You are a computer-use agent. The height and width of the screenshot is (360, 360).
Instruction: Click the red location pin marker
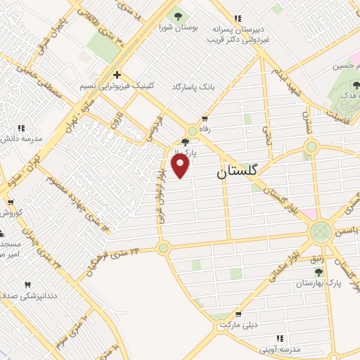(x=181, y=166)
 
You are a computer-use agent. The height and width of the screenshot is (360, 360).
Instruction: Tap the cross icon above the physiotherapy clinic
(x=117, y=74)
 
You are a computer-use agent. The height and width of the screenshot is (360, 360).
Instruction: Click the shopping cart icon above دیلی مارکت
(x=238, y=314)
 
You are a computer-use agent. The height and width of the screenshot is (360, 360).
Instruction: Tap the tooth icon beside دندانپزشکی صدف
(x=28, y=284)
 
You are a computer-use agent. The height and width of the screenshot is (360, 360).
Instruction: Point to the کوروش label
(x=13, y=212)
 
